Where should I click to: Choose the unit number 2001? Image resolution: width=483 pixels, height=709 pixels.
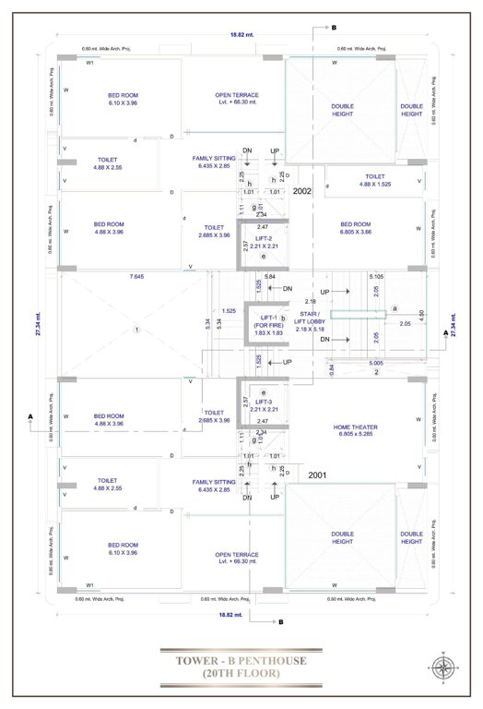[x=318, y=475]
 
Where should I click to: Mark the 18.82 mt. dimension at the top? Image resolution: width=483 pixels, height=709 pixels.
[x=242, y=35]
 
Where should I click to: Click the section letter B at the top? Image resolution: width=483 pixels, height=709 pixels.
[x=334, y=29]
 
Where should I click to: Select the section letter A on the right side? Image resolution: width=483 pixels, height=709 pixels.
[x=446, y=330]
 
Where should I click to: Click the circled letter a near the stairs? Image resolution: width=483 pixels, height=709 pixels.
[x=395, y=308]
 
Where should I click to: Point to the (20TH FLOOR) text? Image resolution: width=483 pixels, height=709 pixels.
[x=241, y=676]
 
